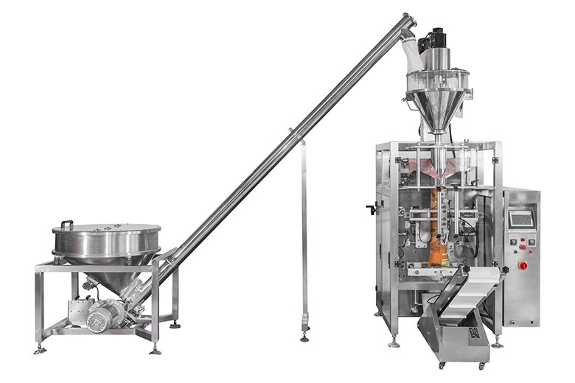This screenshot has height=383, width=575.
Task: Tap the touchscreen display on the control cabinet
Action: [x=520, y=218]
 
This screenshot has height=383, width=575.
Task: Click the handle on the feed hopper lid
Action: [x=66, y=223]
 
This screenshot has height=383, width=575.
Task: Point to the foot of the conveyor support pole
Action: [x=304, y=337]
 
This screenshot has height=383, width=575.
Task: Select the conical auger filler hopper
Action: [x=436, y=107]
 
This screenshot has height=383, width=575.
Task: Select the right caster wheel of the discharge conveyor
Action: [x=482, y=365]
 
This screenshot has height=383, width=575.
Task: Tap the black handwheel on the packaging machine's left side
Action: [x=370, y=210]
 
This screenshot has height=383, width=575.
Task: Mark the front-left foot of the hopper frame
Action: [x=39, y=348]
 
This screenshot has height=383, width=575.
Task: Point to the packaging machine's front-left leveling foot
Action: [x=394, y=342]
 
